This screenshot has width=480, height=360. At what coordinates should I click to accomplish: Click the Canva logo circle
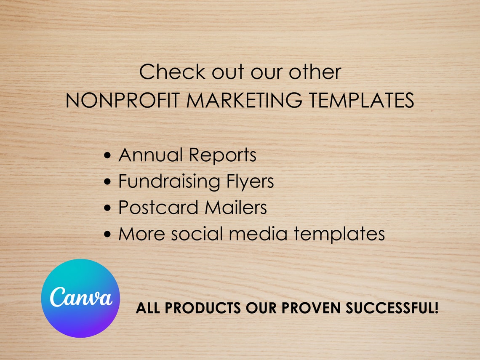tap(80, 298)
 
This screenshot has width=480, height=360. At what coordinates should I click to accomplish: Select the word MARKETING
tap(244, 101)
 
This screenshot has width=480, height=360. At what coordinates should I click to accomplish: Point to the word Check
tap(173, 72)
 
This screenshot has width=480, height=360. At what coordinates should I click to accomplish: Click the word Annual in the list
tap(150, 155)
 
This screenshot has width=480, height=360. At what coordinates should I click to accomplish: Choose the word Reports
tap(222, 156)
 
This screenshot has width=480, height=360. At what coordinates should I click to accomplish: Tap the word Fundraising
tap(169, 182)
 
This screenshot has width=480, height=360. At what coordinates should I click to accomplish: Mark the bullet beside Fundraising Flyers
tap(108, 182)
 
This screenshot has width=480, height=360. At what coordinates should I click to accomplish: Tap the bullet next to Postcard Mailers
tap(108, 208)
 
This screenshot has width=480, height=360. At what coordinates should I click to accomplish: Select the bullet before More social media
tap(108, 234)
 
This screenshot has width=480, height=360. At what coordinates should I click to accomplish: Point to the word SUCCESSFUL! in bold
tap(392, 308)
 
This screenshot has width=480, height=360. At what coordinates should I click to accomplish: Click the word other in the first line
tap(315, 72)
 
